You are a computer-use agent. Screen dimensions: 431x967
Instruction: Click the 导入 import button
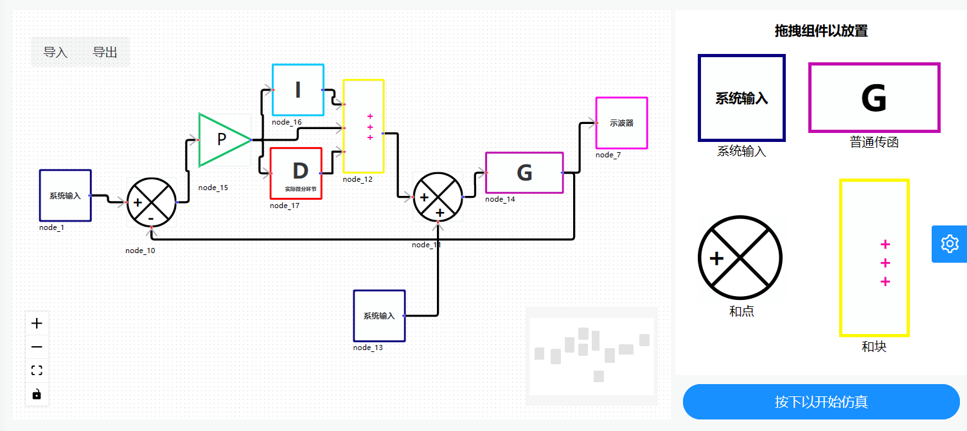pos(55,52)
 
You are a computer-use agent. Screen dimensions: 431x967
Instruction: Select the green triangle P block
pos(220,139)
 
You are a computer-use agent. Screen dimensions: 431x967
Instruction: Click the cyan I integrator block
pos(297,90)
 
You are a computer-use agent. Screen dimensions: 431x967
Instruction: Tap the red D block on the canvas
pos(296,173)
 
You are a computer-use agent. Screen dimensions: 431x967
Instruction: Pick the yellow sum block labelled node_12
pos(363,126)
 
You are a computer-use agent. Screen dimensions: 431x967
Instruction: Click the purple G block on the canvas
pos(524,173)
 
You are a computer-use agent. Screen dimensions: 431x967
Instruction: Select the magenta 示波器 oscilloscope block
pos(621,123)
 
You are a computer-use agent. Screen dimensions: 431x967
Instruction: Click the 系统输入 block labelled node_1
pos(65,195)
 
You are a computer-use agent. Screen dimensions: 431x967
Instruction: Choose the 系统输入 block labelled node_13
pos(379,315)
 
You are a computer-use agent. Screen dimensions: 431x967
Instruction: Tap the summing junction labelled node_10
pos(151,202)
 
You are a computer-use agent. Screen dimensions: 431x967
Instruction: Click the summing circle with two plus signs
pos(438,197)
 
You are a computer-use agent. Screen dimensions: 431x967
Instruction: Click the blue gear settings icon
pos(949,244)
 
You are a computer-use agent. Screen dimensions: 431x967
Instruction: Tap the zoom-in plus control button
pos(37,323)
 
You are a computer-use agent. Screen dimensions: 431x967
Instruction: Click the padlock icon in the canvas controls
pos(37,394)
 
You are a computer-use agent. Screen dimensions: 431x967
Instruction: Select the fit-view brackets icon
pos(37,370)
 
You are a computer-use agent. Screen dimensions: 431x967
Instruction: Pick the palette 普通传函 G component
pos(874,98)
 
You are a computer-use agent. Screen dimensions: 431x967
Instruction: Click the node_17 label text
pos(285,206)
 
